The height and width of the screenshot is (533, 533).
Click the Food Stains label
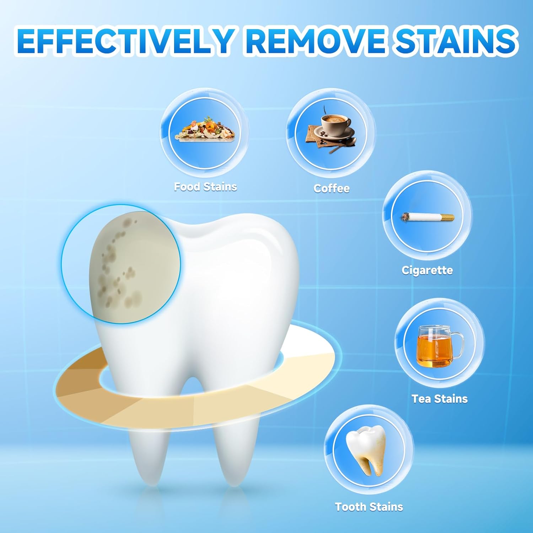[205, 187]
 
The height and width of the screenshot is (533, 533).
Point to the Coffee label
[332, 188]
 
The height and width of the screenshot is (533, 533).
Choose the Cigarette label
[427, 270]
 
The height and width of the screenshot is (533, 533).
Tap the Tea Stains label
[440, 399]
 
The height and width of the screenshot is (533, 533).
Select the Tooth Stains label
[369, 507]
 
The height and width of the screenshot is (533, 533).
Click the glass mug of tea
[435, 346]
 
